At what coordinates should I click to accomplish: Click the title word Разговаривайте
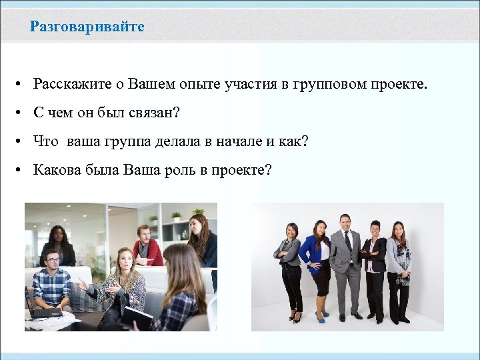[87, 27]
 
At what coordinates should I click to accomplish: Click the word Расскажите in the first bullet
[68, 85]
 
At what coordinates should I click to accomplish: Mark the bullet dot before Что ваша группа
[22, 142]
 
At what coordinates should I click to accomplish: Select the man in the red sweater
[147, 246]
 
